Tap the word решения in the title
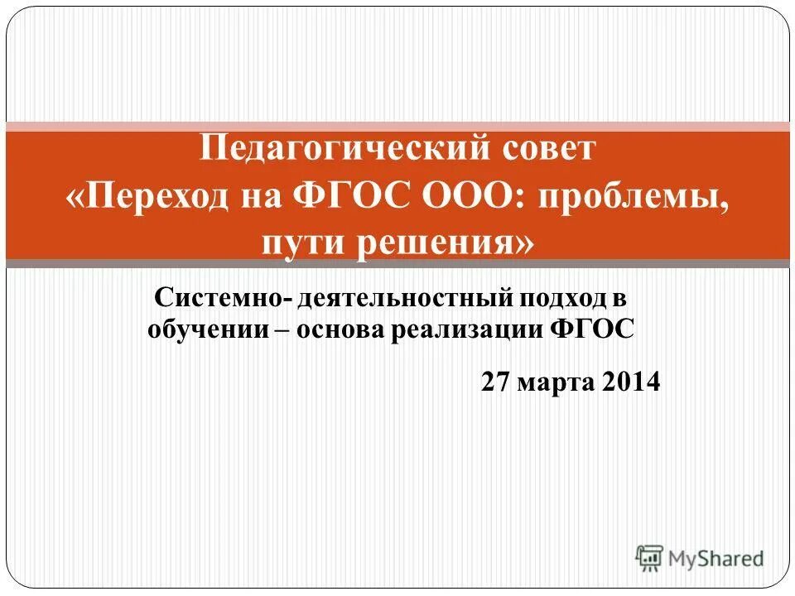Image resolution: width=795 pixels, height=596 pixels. pyautogui.click(x=436, y=243)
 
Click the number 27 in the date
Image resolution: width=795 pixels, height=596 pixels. pyautogui.click(x=495, y=382)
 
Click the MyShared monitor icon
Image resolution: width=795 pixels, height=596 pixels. pyautogui.click(x=649, y=557)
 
